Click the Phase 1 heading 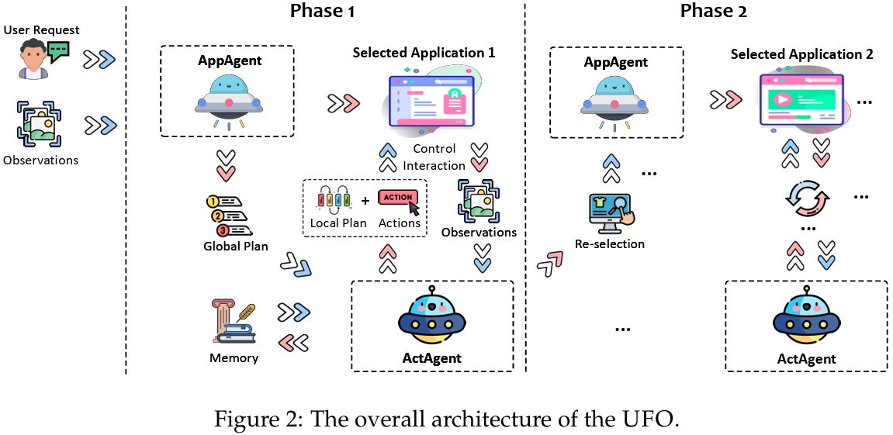pyautogui.click(x=322, y=11)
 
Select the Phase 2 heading pyautogui.click(x=711, y=11)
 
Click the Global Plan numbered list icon pyautogui.click(x=230, y=215)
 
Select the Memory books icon pyautogui.click(x=232, y=323)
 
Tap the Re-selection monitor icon pyautogui.click(x=608, y=212)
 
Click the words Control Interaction pyautogui.click(x=434, y=157)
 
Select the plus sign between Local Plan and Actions pyautogui.click(x=365, y=201)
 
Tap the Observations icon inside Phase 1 pyautogui.click(x=479, y=201)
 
